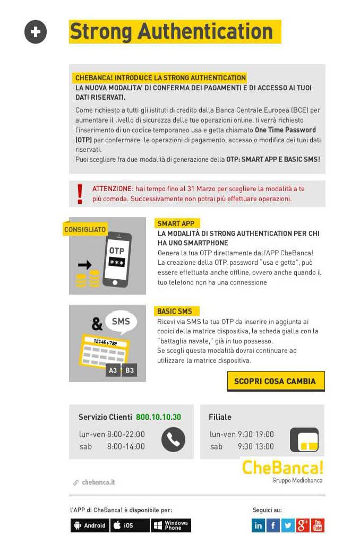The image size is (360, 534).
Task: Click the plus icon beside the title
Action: coord(36,32)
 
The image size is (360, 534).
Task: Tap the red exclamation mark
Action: coord(80,194)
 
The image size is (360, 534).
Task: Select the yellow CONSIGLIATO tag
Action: coord(85,229)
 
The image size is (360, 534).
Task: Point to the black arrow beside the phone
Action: coord(84,264)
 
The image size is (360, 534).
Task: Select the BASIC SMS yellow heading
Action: coord(175,311)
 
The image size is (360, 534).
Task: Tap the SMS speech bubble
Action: coord(121,322)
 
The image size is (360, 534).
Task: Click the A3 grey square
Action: coord(113,370)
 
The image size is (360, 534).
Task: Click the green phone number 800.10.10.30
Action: coord(158,417)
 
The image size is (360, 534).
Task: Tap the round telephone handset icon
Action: coord(173,440)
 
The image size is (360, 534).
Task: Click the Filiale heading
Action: coord(220,417)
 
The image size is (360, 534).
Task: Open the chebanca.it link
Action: coord(98,483)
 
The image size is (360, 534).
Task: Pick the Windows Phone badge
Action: coord(171,526)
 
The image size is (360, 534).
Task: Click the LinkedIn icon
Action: coord(258,526)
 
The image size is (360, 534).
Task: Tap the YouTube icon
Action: coord(318,526)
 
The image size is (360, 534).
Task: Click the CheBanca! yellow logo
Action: coord(282,467)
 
